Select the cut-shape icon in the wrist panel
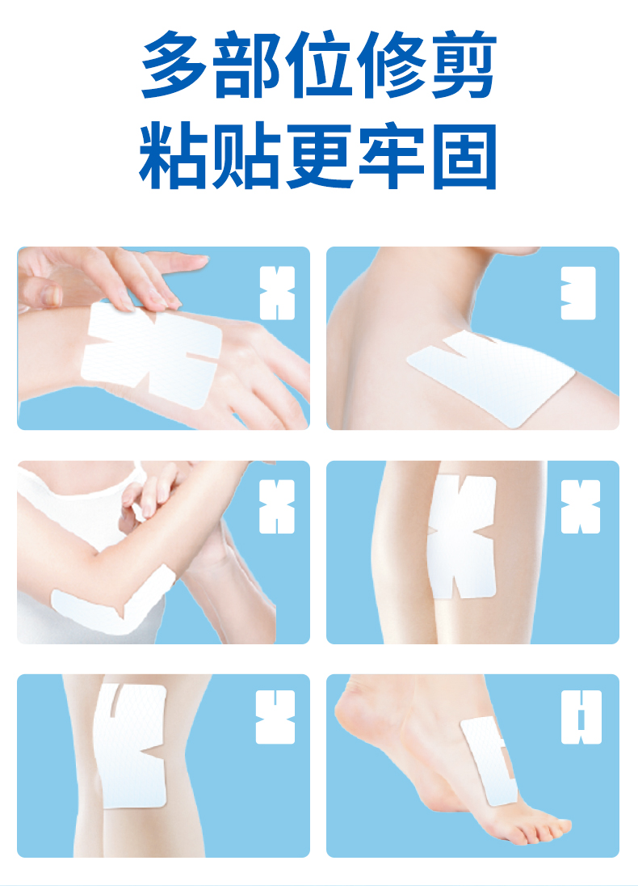[x=277, y=293]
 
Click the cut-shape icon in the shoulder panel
[x=578, y=293]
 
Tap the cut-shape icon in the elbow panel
[x=276, y=507]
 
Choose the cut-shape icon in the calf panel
[x=581, y=507]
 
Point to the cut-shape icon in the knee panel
[x=275, y=717]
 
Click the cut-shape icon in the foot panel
[x=581, y=717]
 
